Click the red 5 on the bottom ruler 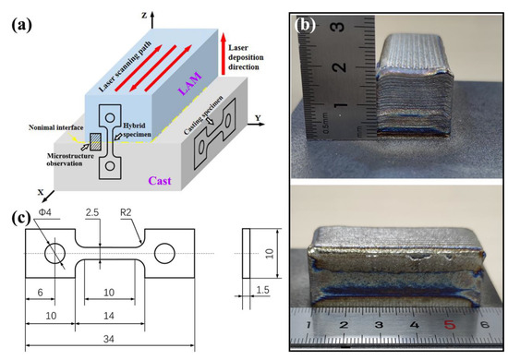pyautogui.click(x=450, y=324)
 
